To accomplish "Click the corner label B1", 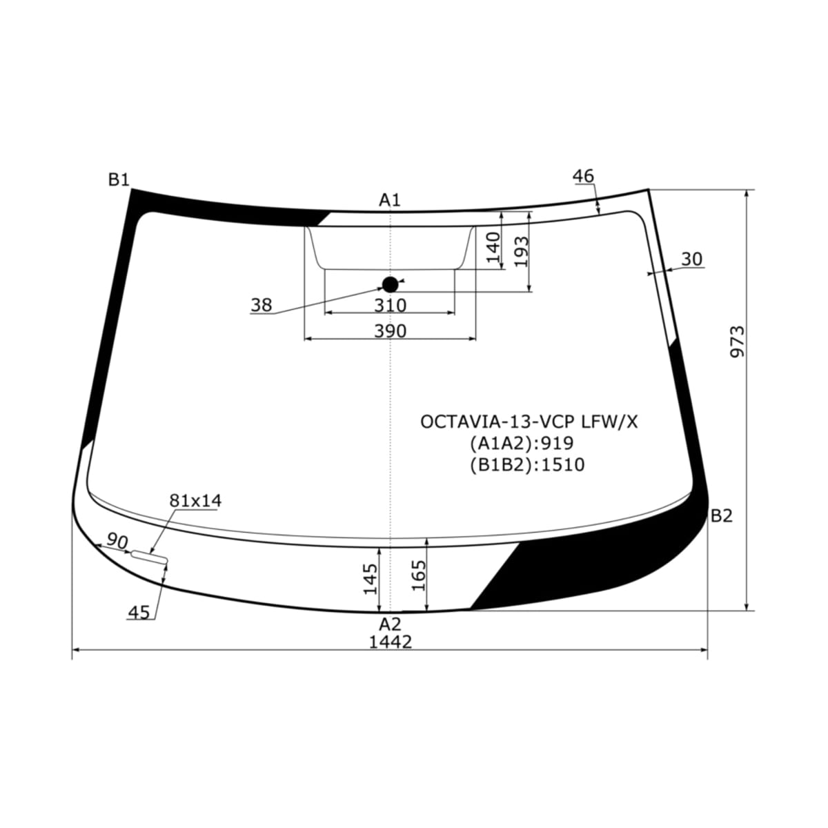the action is click(119, 179).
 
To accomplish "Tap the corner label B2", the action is click(722, 515).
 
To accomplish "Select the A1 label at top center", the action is click(390, 200).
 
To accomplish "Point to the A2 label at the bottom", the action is click(390, 624).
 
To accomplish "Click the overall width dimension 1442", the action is click(391, 642).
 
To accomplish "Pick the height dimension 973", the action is click(738, 342).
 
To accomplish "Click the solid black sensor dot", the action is click(390, 284).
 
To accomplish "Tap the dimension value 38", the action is click(262, 305).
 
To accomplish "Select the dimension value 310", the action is click(390, 306).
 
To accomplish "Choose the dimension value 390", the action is click(390, 331).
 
